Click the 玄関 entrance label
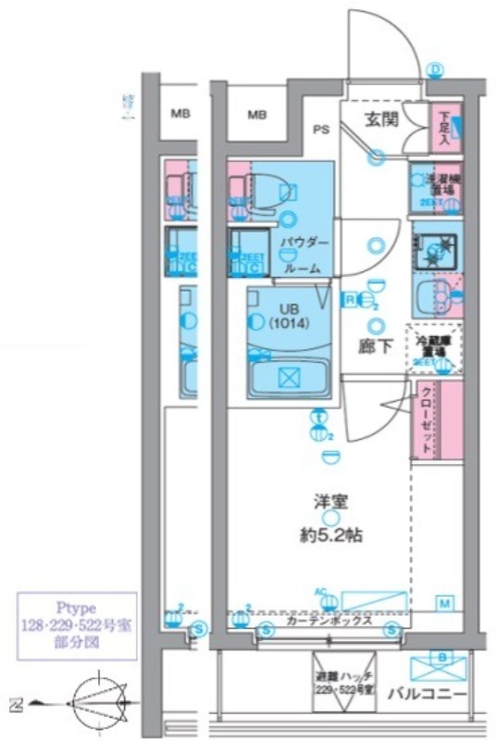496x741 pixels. click(x=380, y=119)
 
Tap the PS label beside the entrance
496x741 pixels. click(x=322, y=130)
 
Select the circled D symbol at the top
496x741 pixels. click(x=436, y=71)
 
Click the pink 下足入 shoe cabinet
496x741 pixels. click(x=445, y=129)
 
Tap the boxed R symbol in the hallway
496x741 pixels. click(x=351, y=298)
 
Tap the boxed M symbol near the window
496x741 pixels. click(x=445, y=604)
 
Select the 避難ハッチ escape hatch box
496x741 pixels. click(x=344, y=684)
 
